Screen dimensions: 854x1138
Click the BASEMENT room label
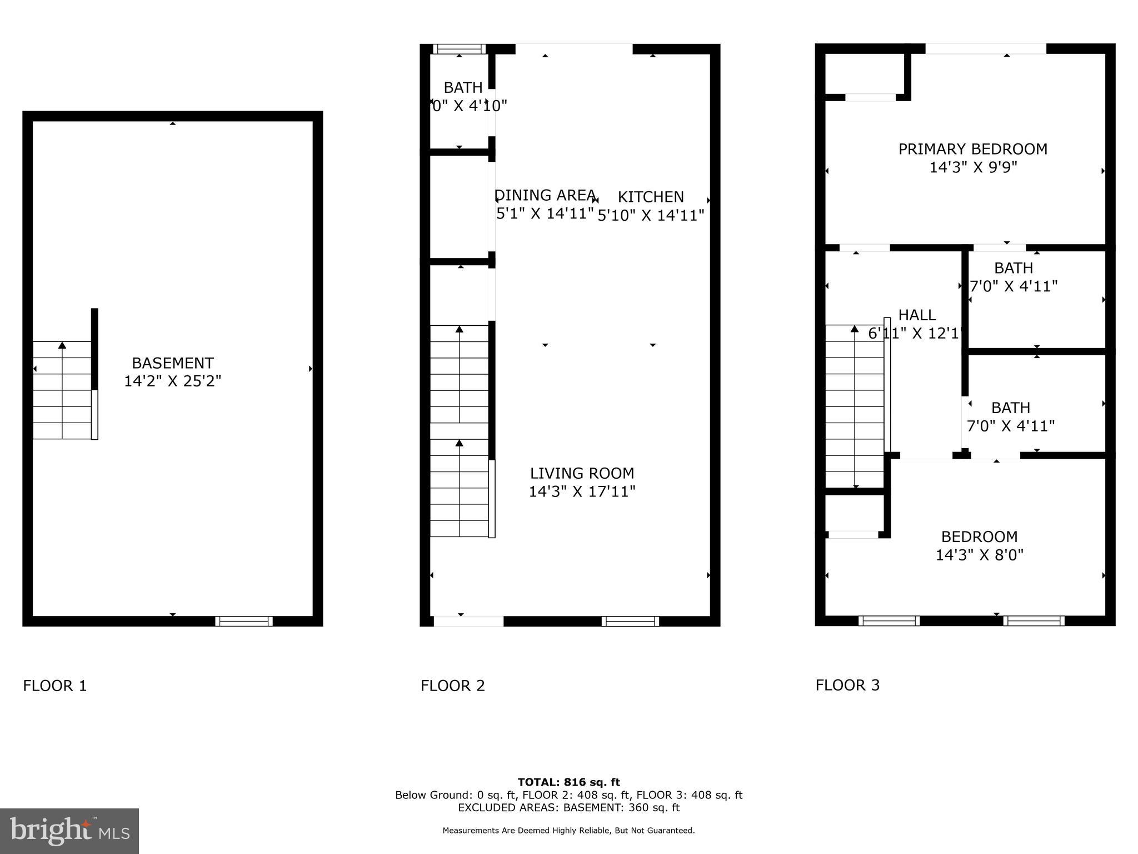point(172,363)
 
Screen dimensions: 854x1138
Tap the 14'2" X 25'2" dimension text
point(172,381)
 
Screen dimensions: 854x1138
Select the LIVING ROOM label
point(582,473)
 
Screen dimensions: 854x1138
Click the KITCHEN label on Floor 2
point(651,197)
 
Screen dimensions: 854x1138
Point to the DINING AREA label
point(545,195)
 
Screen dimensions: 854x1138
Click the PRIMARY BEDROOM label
point(972,149)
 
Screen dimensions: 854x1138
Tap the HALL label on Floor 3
point(917,315)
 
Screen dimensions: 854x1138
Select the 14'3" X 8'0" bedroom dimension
point(979,555)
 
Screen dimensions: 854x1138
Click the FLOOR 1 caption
point(55,686)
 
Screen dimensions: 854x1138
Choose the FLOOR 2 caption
point(453,686)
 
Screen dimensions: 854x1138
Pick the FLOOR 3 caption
point(847,685)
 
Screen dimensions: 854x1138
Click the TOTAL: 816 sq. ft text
point(568,782)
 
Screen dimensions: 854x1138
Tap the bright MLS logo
point(69,831)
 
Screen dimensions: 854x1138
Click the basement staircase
point(62,390)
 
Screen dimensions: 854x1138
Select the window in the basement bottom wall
point(244,621)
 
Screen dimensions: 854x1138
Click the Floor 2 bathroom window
point(459,49)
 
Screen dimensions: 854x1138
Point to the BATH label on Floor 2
point(463,88)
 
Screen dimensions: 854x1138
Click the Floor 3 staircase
point(854,406)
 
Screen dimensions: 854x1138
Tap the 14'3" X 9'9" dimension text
point(973,167)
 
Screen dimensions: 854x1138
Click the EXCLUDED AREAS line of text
point(568,808)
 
